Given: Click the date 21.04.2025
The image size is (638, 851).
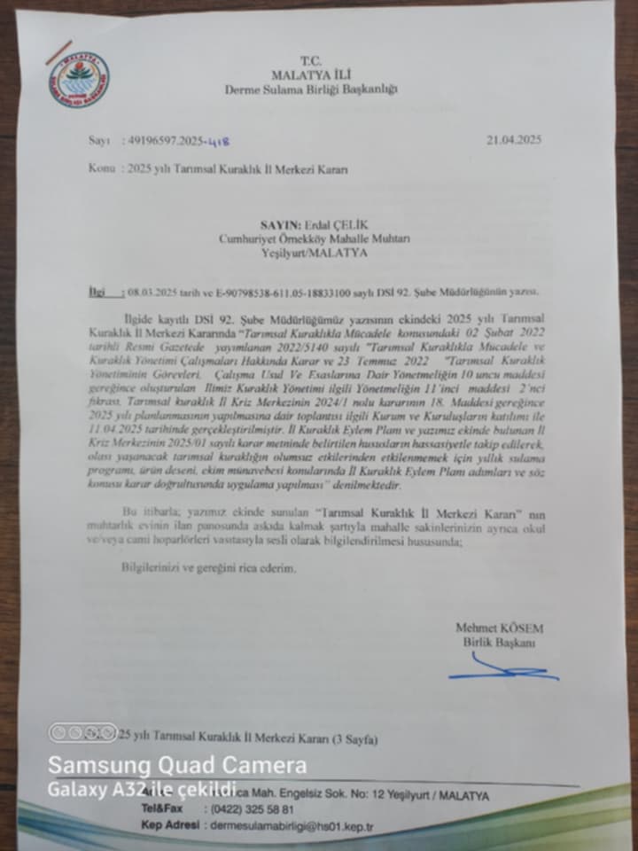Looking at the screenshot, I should [514, 140].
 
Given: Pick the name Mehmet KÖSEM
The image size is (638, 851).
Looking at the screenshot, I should [499, 628].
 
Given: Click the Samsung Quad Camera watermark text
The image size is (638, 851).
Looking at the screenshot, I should [177, 765].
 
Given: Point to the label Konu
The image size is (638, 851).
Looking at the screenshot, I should [99, 168].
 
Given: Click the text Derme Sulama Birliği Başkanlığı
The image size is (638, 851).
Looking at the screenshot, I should [310, 89].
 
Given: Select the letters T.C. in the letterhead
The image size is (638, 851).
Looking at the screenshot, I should [311, 60].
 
